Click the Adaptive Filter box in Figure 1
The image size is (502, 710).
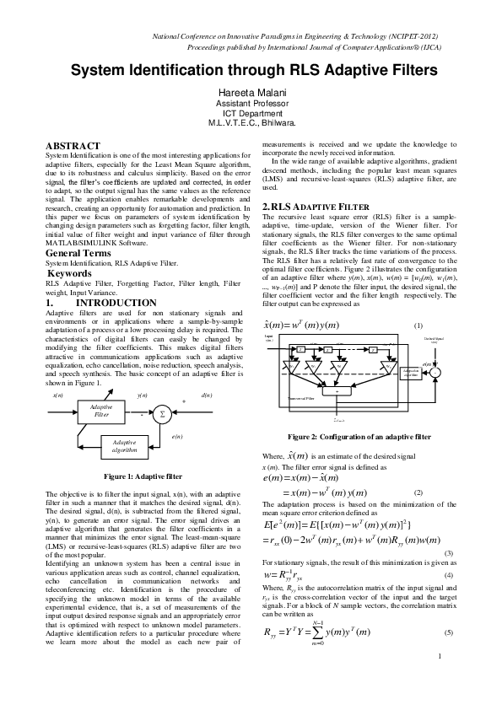click(x=101, y=411)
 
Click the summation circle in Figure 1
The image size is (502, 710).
click(x=162, y=414)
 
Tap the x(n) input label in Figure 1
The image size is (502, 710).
click(x=57, y=395)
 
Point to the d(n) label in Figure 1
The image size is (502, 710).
click(x=208, y=395)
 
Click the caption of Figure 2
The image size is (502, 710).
click(x=359, y=437)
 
